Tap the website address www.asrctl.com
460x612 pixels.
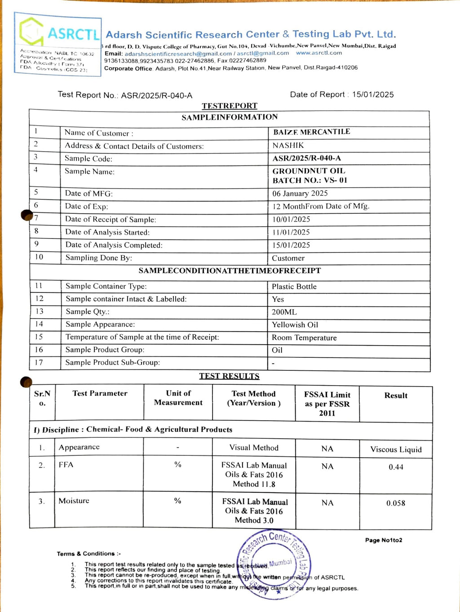[x=319, y=53]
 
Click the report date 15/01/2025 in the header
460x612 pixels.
[x=373, y=94]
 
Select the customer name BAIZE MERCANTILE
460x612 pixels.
[x=311, y=132]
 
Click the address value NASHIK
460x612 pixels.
[x=288, y=145]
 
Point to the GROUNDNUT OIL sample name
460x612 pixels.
[x=309, y=171]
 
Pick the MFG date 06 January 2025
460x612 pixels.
[x=300, y=193]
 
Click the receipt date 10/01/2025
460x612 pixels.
[x=291, y=219]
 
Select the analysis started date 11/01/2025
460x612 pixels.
[x=291, y=232]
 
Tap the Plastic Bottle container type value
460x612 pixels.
[x=294, y=287]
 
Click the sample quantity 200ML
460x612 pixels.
[x=284, y=312]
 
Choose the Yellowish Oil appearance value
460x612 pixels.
[x=295, y=325]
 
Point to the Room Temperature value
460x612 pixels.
[x=304, y=337]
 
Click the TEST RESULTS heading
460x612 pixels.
[x=230, y=376]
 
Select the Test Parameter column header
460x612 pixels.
[x=100, y=393]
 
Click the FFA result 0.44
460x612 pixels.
[x=396, y=467]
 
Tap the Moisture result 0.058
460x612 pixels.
[x=396, y=503]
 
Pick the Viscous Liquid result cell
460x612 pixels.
[x=396, y=450]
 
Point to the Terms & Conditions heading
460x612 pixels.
[x=88, y=553]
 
